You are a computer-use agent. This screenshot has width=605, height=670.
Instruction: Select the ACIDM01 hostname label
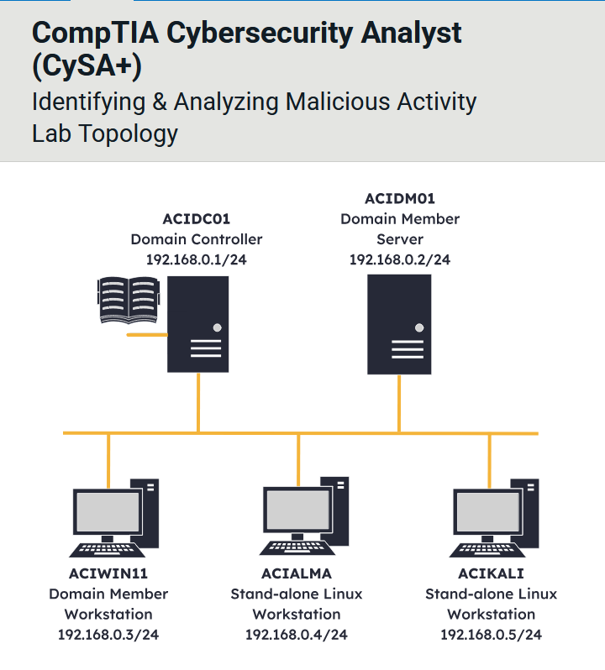(x=400, y=199)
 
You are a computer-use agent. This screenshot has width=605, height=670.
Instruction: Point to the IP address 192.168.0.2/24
(x=400, y=259)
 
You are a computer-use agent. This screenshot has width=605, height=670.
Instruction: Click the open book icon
(x=128, y=301)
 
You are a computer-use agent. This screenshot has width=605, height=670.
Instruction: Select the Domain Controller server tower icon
(x=198, y=324)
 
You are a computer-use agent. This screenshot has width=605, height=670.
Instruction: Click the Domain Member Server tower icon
(x=399, y=324)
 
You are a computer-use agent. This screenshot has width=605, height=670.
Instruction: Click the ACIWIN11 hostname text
(x=108, y=573)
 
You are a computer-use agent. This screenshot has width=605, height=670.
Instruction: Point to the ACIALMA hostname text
(x=297, y=573)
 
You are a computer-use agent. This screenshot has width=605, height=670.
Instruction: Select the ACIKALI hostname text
(x=491, y=573)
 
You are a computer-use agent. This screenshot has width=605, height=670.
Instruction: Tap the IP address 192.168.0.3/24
(x=108, y=634)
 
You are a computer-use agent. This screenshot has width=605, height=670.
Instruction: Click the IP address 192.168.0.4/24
(x=297, y=634)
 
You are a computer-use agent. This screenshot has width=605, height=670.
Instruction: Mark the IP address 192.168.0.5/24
(x=491, y=634)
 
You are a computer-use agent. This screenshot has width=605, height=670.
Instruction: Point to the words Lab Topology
(x=105, y=133)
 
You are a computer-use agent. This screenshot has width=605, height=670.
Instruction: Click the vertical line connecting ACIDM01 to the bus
(x=399, y=404)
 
